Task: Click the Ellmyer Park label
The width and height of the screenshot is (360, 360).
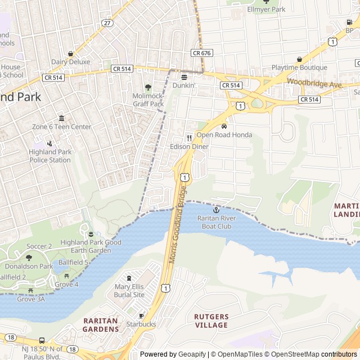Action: click(x=267, y=10)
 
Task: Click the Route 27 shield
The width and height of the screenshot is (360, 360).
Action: click(x=107, y=23)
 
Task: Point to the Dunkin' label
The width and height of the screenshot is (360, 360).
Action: click(x=184, y=85)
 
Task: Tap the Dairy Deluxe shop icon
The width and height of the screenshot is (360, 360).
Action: click(x=70, y=53)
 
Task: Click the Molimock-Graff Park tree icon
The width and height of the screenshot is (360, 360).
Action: click(x=148, y=87)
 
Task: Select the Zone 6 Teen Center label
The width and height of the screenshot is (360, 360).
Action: click(x=61, y=127)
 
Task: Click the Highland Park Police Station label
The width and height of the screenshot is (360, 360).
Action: click(x=50, y=156)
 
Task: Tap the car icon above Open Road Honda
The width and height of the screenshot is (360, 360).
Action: click(x=224, y=127)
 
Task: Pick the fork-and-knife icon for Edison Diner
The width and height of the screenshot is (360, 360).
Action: click(x=189, y=138)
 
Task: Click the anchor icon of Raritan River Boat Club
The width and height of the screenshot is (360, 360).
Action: click(x=216, y=210)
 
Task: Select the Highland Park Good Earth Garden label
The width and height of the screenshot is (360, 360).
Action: click(x=91, y=246)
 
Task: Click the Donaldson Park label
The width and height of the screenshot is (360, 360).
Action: click(x=29, y=266)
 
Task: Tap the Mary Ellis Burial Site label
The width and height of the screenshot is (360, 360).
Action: click(x=129, y=291)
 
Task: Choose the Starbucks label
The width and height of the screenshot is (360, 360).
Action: click(x=141, y=324)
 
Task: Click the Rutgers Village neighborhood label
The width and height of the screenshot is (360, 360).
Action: click(x=211, y=321)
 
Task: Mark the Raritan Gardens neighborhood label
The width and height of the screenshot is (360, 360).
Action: click(x=101, y=325)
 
